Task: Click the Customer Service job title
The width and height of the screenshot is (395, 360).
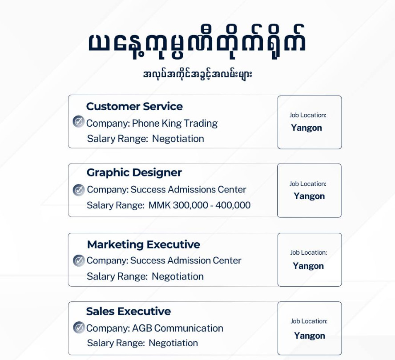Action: [134, 107]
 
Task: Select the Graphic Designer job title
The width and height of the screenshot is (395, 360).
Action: [134, 172]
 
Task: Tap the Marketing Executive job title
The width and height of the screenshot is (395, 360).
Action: [143, 244]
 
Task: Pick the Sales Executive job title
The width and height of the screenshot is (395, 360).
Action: [128, 311]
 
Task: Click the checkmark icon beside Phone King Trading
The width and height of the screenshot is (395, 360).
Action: [79, 121]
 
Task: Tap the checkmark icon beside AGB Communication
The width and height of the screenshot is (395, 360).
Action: [79, 328]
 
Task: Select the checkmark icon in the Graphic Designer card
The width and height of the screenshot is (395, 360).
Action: [79, 190]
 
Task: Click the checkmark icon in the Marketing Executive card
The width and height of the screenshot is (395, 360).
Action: [79, 260]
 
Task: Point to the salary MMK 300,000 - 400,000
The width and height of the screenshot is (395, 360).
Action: [199, 205]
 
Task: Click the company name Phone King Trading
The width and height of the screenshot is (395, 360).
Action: [175, 123]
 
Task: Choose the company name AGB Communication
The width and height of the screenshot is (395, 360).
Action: [177, 328]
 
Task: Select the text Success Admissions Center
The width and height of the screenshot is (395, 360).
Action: [188, 189]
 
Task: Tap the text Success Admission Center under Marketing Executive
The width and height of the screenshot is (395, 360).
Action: [185, 260]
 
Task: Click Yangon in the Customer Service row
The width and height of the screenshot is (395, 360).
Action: [306, 128]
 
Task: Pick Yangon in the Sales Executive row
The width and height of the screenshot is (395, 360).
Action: [309, 336]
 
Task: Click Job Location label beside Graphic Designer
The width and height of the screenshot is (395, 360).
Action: [308, 184]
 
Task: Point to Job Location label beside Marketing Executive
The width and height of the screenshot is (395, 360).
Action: [308, 252]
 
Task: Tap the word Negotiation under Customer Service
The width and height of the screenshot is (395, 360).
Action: [178, 139]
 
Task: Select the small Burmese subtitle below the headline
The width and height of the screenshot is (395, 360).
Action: [197, 74]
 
